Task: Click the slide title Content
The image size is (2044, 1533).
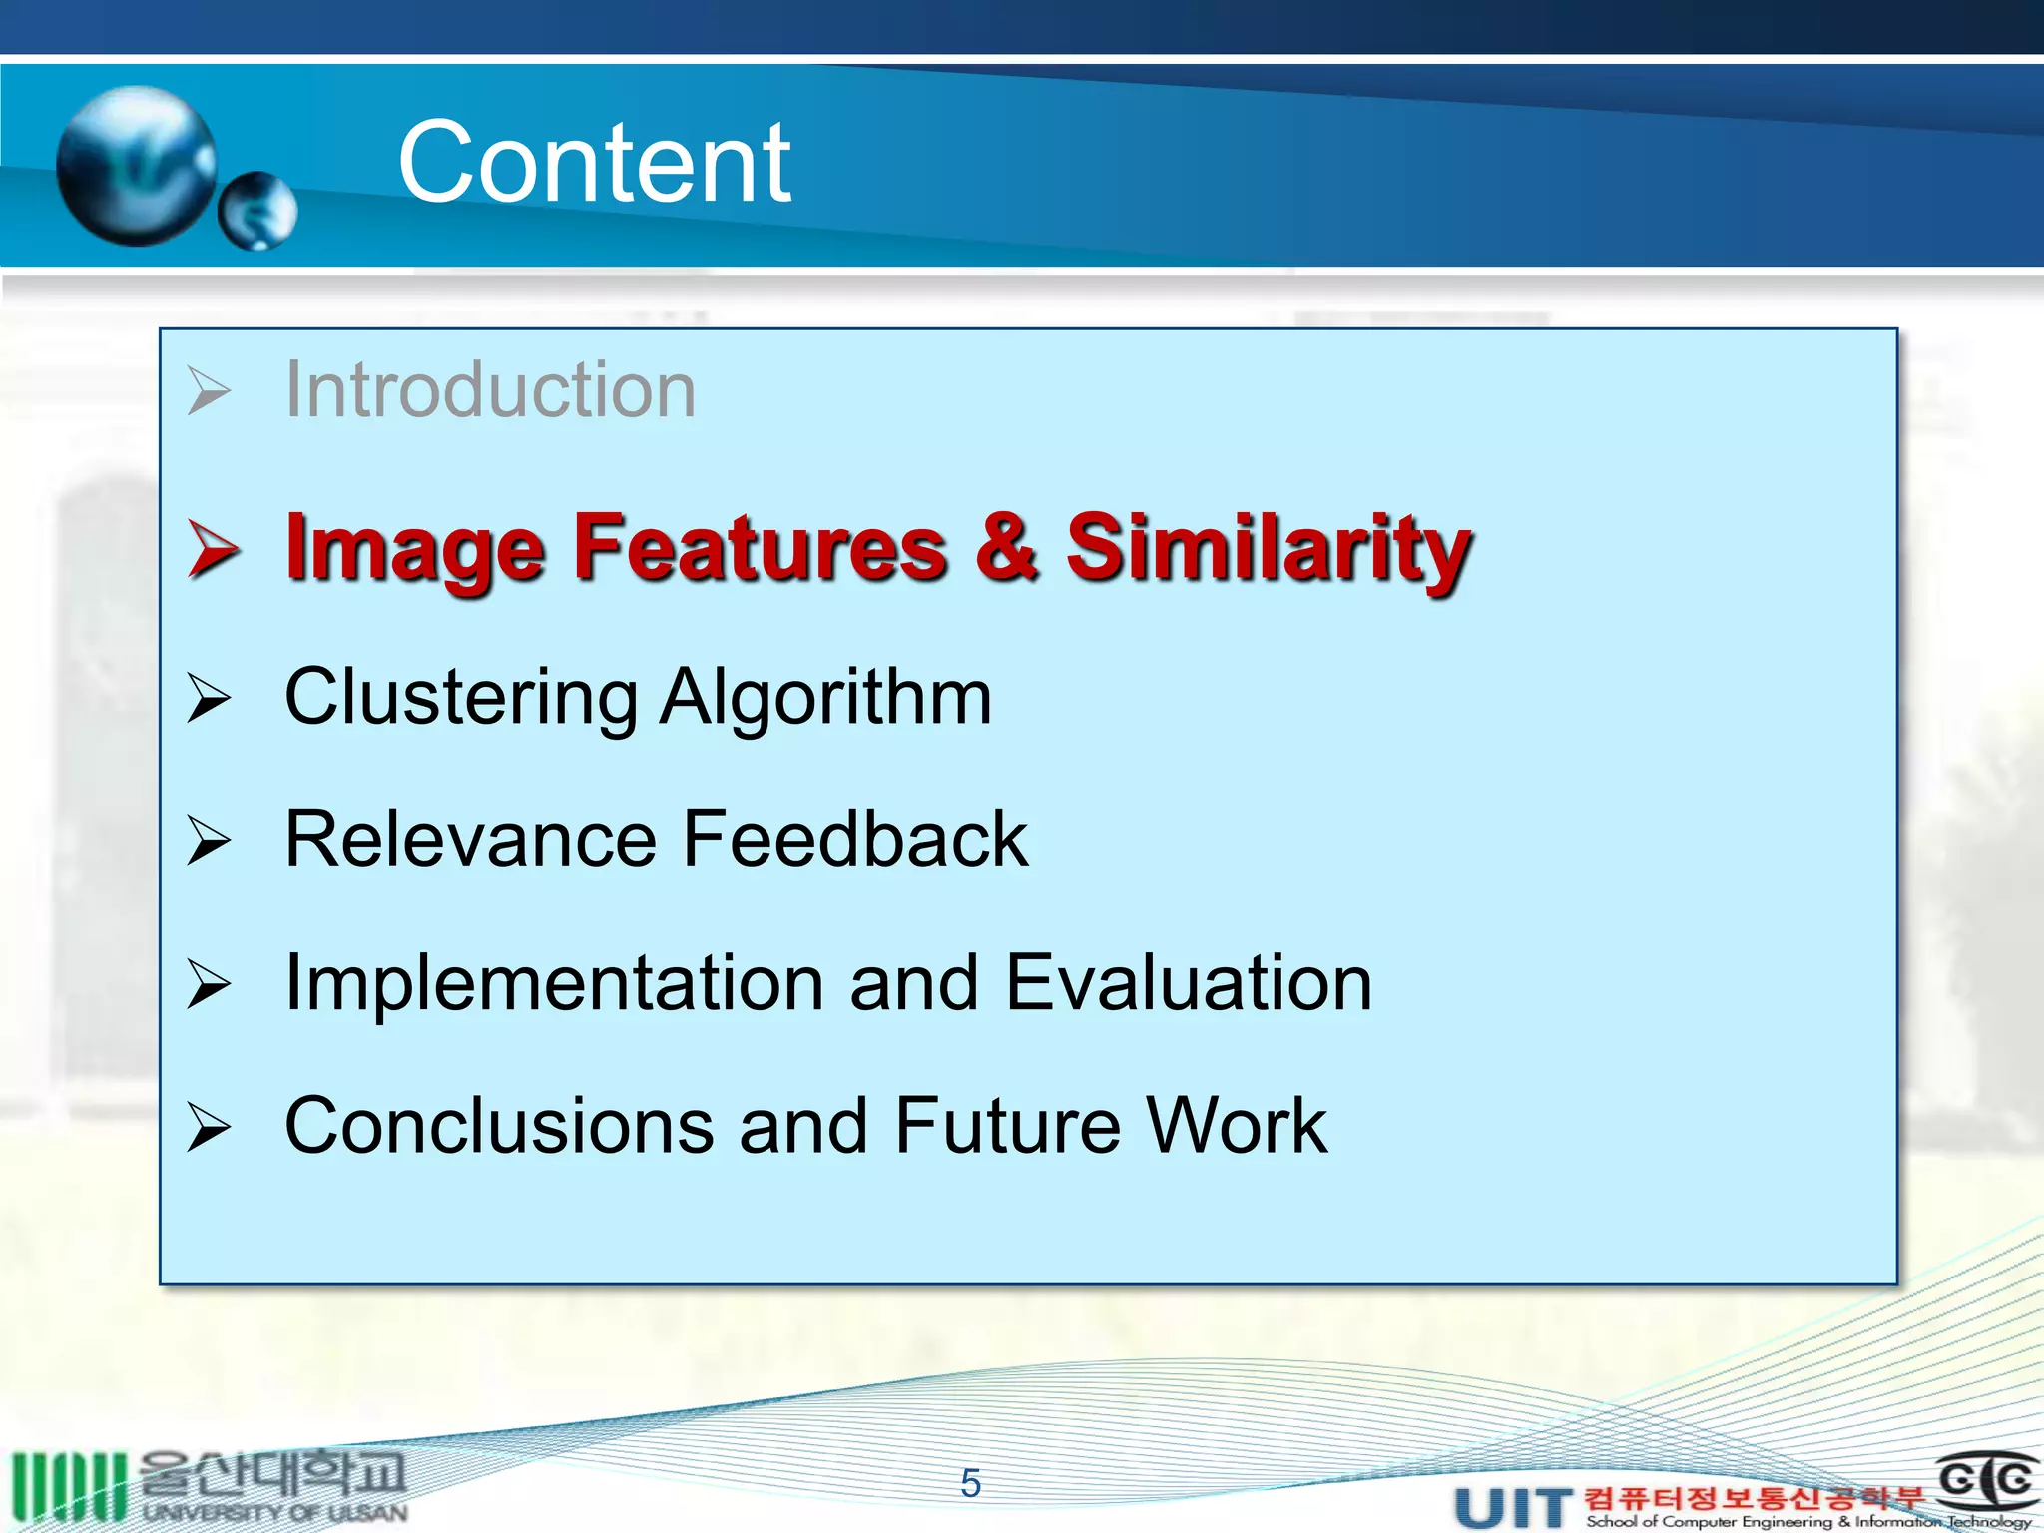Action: point(594,163)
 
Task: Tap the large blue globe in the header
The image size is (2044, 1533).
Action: point(137,165)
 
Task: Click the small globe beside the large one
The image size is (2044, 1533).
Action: point(257,210)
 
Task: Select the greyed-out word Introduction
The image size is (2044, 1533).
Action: point(490,389)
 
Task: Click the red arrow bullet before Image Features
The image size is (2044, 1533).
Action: point(213,549)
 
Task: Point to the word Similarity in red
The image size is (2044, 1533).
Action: point(1268,547)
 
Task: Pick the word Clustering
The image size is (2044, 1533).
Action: point(460,697)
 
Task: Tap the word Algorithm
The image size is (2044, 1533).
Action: point(825,697)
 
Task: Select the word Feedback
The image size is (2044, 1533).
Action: point(855,839)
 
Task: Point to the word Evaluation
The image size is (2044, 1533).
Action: point(1188,983)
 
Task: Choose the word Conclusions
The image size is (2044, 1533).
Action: point(498,1126)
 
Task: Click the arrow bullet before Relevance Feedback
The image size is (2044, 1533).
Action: point(209,840)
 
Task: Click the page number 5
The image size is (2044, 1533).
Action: point(970,1484)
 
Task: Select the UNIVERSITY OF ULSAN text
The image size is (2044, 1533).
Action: point(274,1512)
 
